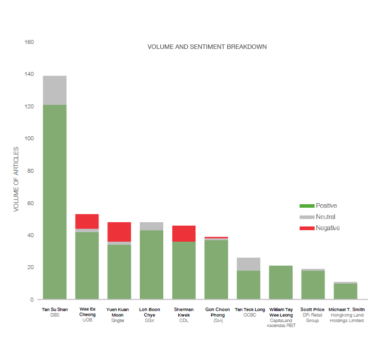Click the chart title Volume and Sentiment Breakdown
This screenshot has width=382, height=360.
(207, 47)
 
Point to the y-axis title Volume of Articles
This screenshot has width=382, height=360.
(16, 179)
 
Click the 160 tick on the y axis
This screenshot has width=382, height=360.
(29, 42)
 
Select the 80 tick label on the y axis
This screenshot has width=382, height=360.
(30, 171)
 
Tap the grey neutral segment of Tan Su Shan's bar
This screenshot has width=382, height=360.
(55, 90)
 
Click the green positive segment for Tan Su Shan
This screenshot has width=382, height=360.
(55, 200)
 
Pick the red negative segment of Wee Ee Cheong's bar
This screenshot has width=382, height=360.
(87, 221)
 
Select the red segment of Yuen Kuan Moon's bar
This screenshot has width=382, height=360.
(119, 232)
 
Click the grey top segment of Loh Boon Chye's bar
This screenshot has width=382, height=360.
(151, 226)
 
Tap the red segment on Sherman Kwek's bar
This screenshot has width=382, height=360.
(184, 234)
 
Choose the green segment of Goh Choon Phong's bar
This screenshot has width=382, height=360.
(216, 270)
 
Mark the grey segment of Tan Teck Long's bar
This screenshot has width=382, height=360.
(248, 264)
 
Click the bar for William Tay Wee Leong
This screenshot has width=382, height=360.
(281, 283)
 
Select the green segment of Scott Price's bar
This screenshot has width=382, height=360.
(313, 285)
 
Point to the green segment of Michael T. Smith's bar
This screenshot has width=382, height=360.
(345, 292)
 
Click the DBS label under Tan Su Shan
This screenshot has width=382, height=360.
(55, 315)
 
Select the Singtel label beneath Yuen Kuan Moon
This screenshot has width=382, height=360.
(119, 321)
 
